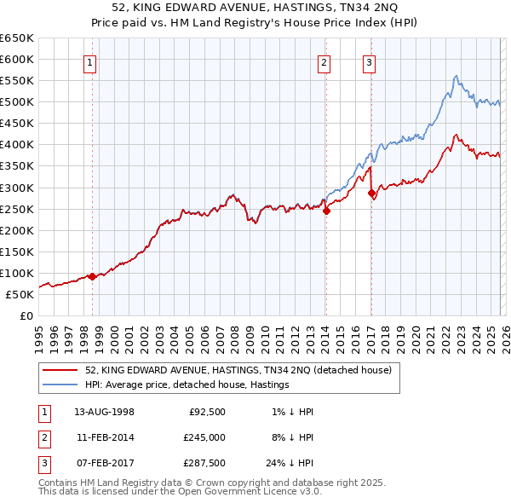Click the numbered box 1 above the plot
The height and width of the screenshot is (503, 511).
[90, 61]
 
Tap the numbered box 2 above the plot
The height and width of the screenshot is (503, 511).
[324, 61]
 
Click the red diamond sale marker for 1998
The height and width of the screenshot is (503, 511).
[92, 275]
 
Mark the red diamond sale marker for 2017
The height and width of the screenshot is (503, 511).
[371, 193]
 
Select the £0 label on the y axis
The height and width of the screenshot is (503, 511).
[26, 315]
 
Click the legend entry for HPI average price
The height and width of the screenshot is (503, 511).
[187, 384]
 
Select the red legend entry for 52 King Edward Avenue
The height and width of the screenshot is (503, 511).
[238, 370]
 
